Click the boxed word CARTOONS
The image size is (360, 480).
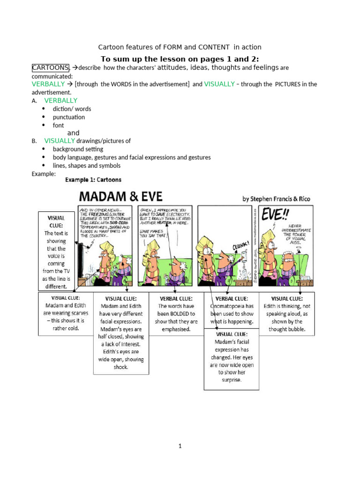(51, 67)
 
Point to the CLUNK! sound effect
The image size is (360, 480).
(242, 247)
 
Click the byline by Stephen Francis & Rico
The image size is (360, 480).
(276, 199)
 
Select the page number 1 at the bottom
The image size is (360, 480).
(180, 446)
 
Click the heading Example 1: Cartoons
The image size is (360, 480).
(93, 180)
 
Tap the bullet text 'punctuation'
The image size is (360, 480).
(69, 117)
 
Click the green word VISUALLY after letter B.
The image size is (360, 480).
(60, 141)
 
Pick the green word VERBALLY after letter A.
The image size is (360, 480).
(61, 100)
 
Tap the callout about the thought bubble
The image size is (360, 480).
(287, 314)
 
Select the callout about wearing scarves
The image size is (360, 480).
(66, 313)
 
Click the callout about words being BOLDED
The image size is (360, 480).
(176, 314)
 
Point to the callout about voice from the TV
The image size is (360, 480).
(56, 252)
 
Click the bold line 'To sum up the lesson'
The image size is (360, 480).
(180, 59)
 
